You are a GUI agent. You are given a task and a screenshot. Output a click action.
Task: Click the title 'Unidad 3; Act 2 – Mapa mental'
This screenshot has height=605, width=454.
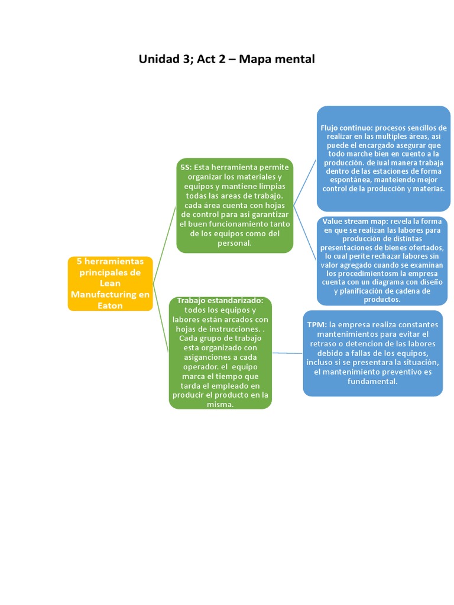pyautogui.click(x=227, y=59)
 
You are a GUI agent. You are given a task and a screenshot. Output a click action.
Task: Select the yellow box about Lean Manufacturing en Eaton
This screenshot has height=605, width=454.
pyautogui.click(x=110, y=283)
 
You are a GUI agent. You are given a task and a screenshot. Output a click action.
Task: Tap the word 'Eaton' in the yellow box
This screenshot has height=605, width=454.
pyautogui.click(x=110, y=305)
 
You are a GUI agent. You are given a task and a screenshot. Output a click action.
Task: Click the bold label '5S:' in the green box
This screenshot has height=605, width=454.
pyautogui.click(x=186, y=167)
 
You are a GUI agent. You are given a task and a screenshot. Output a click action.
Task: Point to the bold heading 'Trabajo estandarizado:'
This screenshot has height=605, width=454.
pyautogui.click(x=220, y=301)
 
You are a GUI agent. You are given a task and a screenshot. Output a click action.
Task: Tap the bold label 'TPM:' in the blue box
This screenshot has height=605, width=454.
pyautogui.click(x=317, y=324)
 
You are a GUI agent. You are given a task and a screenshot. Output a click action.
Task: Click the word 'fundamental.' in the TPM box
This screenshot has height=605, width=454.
pyautogui.click(x=373, y=381)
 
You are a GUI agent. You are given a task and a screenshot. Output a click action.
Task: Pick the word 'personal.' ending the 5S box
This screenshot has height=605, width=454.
pyautogui.click(x=235, y=243)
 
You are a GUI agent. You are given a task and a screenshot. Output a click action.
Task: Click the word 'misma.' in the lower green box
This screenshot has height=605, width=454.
pyautogui.click(x=220, y=405)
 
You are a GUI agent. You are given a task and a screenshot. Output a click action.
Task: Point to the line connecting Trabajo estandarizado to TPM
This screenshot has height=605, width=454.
pyautogui.click(x=287, y=353)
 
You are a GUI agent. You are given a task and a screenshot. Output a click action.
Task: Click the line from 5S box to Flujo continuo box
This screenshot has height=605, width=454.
pyautogui.click(x=305, y=181)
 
